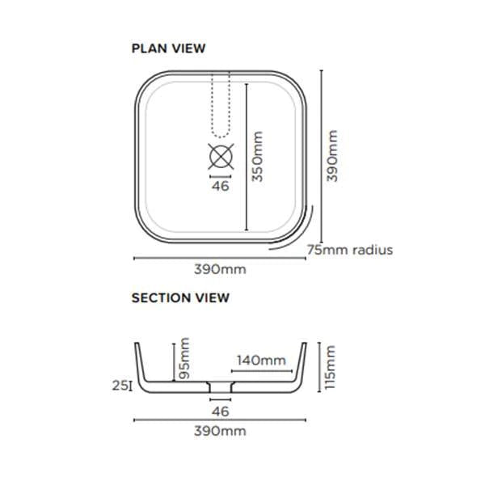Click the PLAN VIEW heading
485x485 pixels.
(168, 48)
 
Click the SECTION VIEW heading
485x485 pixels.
(180, 297)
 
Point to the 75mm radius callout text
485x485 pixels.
(350, 250)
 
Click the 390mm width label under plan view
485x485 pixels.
(219, 269)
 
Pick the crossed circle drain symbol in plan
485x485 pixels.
(221, 154)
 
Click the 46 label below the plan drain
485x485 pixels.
(220, 186)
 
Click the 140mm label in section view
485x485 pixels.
(261, 361)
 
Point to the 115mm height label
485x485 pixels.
(331, 366)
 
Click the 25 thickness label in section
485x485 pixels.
(120, 386)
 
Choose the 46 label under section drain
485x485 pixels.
(220, 411)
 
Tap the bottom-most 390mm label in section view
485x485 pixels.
(219, 431)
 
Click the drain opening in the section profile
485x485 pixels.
(220, 389)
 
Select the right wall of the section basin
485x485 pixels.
(304, 364)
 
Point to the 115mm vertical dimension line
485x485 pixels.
(320, 366)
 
